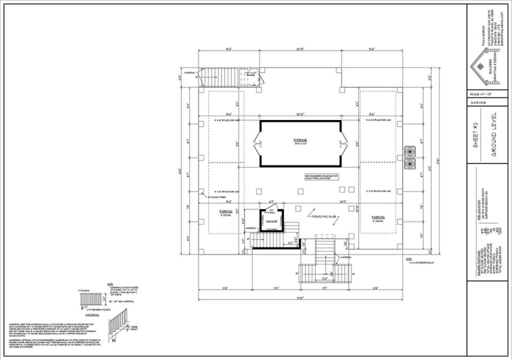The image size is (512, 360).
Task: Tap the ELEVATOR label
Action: [x=272, y=221]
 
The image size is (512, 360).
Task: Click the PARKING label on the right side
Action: [x=378, y=216]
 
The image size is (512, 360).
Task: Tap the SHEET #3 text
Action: [x=475, y=131]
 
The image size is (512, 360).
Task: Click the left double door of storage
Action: [x=257, y=144]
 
